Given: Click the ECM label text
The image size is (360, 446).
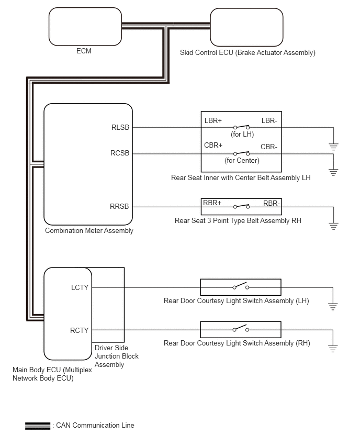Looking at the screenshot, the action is pos(84,51).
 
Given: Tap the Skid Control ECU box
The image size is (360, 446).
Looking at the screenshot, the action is pos(246,27).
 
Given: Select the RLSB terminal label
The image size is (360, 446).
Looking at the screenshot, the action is pos(120,127).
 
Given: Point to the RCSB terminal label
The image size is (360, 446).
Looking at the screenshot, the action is pos(120,153).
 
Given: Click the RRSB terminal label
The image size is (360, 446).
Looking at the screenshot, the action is pos(119,206).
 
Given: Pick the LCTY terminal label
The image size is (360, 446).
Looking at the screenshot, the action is pos(80,287).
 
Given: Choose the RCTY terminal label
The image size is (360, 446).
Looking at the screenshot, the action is pos(80,330).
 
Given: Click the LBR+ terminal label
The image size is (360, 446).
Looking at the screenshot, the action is pos(213,120).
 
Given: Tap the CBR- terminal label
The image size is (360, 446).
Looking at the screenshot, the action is pos(269,147).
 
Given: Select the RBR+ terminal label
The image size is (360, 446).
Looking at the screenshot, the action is pos(212,203).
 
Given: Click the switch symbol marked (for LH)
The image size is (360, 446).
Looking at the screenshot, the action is pos(241,127).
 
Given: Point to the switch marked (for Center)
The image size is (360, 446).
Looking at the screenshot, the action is pos(241,153).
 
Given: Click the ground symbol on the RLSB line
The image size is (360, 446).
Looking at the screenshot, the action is pos(333,147).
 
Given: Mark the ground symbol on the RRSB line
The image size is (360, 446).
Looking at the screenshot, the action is pos(333,226).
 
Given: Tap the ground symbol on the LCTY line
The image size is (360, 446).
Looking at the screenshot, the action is pos(333,307).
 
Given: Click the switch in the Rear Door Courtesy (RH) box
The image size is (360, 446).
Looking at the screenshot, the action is pos(241,328).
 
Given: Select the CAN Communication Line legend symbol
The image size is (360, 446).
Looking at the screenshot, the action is pos(38,426).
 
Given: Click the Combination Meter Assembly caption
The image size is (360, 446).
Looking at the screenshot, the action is pos(89,230).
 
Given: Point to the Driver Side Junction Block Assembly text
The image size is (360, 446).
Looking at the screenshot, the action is pos(117,356).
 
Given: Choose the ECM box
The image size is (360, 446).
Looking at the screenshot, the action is pos(85,27).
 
